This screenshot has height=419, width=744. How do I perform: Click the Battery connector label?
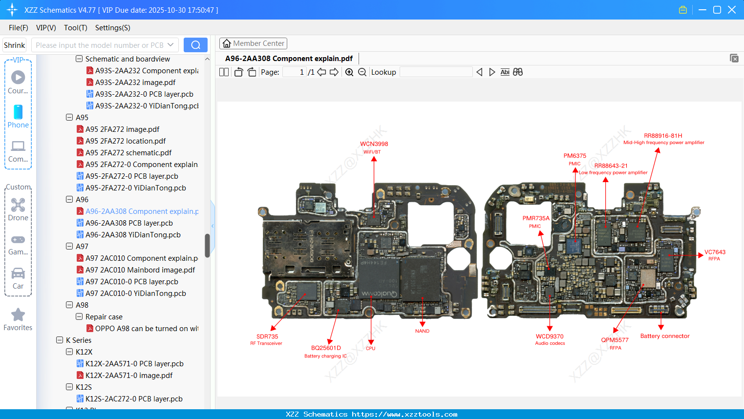coord(664,336)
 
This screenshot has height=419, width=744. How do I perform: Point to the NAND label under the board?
coord(422,331)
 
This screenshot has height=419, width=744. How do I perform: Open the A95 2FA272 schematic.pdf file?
coord(128,153)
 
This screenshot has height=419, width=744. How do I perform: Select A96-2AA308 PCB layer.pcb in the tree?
coord(129,223)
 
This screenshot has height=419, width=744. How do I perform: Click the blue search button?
coord(195,45)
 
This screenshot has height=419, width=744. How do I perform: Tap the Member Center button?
coord(253,43)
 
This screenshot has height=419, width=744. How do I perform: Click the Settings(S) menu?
coord(112,28)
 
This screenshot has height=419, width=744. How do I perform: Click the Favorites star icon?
coord(18,315)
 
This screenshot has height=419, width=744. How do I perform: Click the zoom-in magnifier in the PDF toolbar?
coord(349,72)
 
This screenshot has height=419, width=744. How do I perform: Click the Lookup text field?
coord(436,72)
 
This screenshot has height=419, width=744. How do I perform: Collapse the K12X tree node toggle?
coord(69,352)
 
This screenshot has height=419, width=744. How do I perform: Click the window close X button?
coord(731,10)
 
